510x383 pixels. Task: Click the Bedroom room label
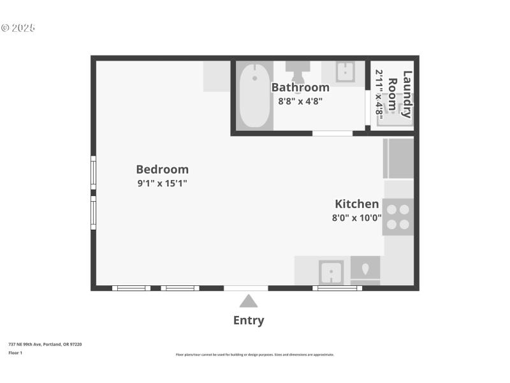coord(162,169)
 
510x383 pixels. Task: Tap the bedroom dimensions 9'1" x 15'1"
coord(162,183)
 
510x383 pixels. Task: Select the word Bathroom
coord(300,87)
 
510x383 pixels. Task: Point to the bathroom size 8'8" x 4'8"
coord(300,101)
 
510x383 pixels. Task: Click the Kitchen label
coord(357,204)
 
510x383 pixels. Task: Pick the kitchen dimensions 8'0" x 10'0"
coord(357,218)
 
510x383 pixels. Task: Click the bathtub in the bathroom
coord(254,95)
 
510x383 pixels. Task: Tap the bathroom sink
coord(346,72)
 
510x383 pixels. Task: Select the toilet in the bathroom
coord(297,70)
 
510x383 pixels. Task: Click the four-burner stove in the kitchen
coord(398,217)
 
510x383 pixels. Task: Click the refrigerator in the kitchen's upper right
coord(398,158)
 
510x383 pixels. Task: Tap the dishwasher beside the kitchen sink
coord(365,270)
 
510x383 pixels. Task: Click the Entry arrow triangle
coord(249,301)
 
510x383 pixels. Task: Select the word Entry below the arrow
coord(249,320)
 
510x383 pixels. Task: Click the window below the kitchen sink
coord(337,288)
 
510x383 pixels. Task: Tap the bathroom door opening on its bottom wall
coord(332,133)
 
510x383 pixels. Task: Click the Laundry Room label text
coord(400,94)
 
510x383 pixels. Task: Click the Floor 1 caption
coord(15,352)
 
